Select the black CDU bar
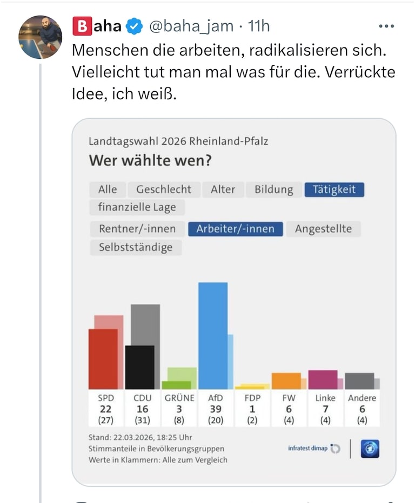coord(139,367)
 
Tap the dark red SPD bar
coord(103,359)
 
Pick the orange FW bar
coord(286,381)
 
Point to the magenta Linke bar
coord(323,379)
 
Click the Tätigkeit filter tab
coord(334,189)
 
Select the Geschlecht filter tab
coord(164,189)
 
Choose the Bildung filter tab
coord(273,189)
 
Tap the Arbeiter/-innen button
coord(235,229)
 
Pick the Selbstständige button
coord(136,247)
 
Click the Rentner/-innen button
coord(137,229)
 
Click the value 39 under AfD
coord(216,409)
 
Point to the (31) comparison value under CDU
coord(142,420)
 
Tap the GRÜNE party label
coord(179,398)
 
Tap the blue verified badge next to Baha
coord(135,26)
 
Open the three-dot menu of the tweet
coord(386,26)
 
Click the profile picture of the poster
coord(40,37)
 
